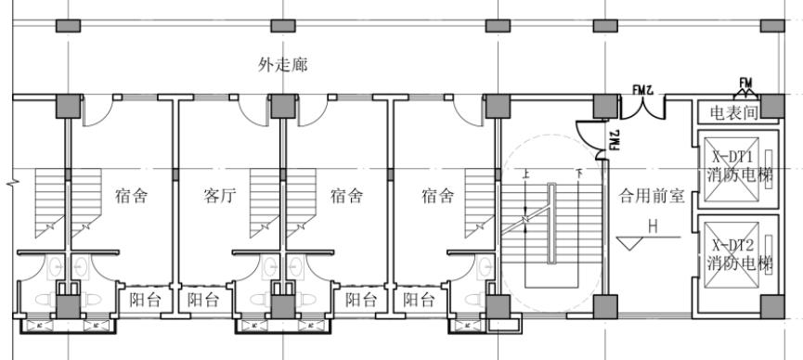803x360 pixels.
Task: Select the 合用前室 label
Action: pos(652,196)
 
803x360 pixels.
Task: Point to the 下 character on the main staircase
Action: pos(578,174)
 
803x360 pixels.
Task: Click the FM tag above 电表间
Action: pos(745,83)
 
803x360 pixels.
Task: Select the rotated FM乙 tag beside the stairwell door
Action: pos(614,139)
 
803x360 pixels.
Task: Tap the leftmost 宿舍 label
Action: pos(132,196)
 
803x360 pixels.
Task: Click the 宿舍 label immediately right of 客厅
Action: pos(347,196)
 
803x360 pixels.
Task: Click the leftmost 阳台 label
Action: pos(144,300)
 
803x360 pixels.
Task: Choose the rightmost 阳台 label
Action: pos(420,300)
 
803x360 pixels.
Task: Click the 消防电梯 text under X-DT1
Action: pos(739,174)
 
